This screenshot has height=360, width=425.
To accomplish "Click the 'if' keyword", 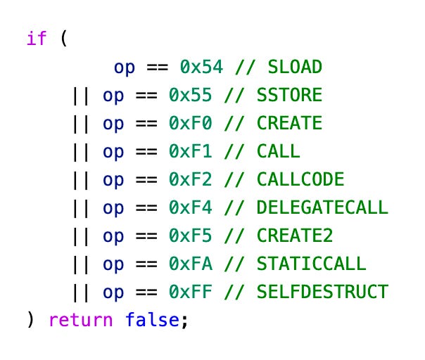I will [37, 38].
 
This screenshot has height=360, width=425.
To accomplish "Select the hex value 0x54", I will [201, 67].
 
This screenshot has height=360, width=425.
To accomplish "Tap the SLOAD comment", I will [294, 67].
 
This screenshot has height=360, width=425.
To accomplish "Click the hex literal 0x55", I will [190, 95].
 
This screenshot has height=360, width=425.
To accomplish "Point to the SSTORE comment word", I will [289, 95].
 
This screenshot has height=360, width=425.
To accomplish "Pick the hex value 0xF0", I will [190, 123].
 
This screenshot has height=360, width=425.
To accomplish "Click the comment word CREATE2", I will [295, 236].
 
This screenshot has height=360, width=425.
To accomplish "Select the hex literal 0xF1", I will [190, 151].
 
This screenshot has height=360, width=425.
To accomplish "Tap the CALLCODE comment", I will [300, 179].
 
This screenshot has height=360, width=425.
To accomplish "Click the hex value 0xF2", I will [190, 179].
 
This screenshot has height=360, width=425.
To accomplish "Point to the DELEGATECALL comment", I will [322, 207].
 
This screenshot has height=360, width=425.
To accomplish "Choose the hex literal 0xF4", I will [190, 207].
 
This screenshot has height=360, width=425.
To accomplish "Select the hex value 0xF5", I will [190, 236].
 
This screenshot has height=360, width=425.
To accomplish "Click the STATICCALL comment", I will [312, 264].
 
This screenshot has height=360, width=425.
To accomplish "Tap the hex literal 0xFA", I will [190, 264].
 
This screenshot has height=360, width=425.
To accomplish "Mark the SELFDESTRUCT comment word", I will [322, 292].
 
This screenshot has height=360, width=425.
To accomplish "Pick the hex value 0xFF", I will [190, 292].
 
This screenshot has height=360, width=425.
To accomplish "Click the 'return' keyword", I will [80, 321].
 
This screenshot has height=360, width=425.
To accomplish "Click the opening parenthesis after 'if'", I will [63, 38].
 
